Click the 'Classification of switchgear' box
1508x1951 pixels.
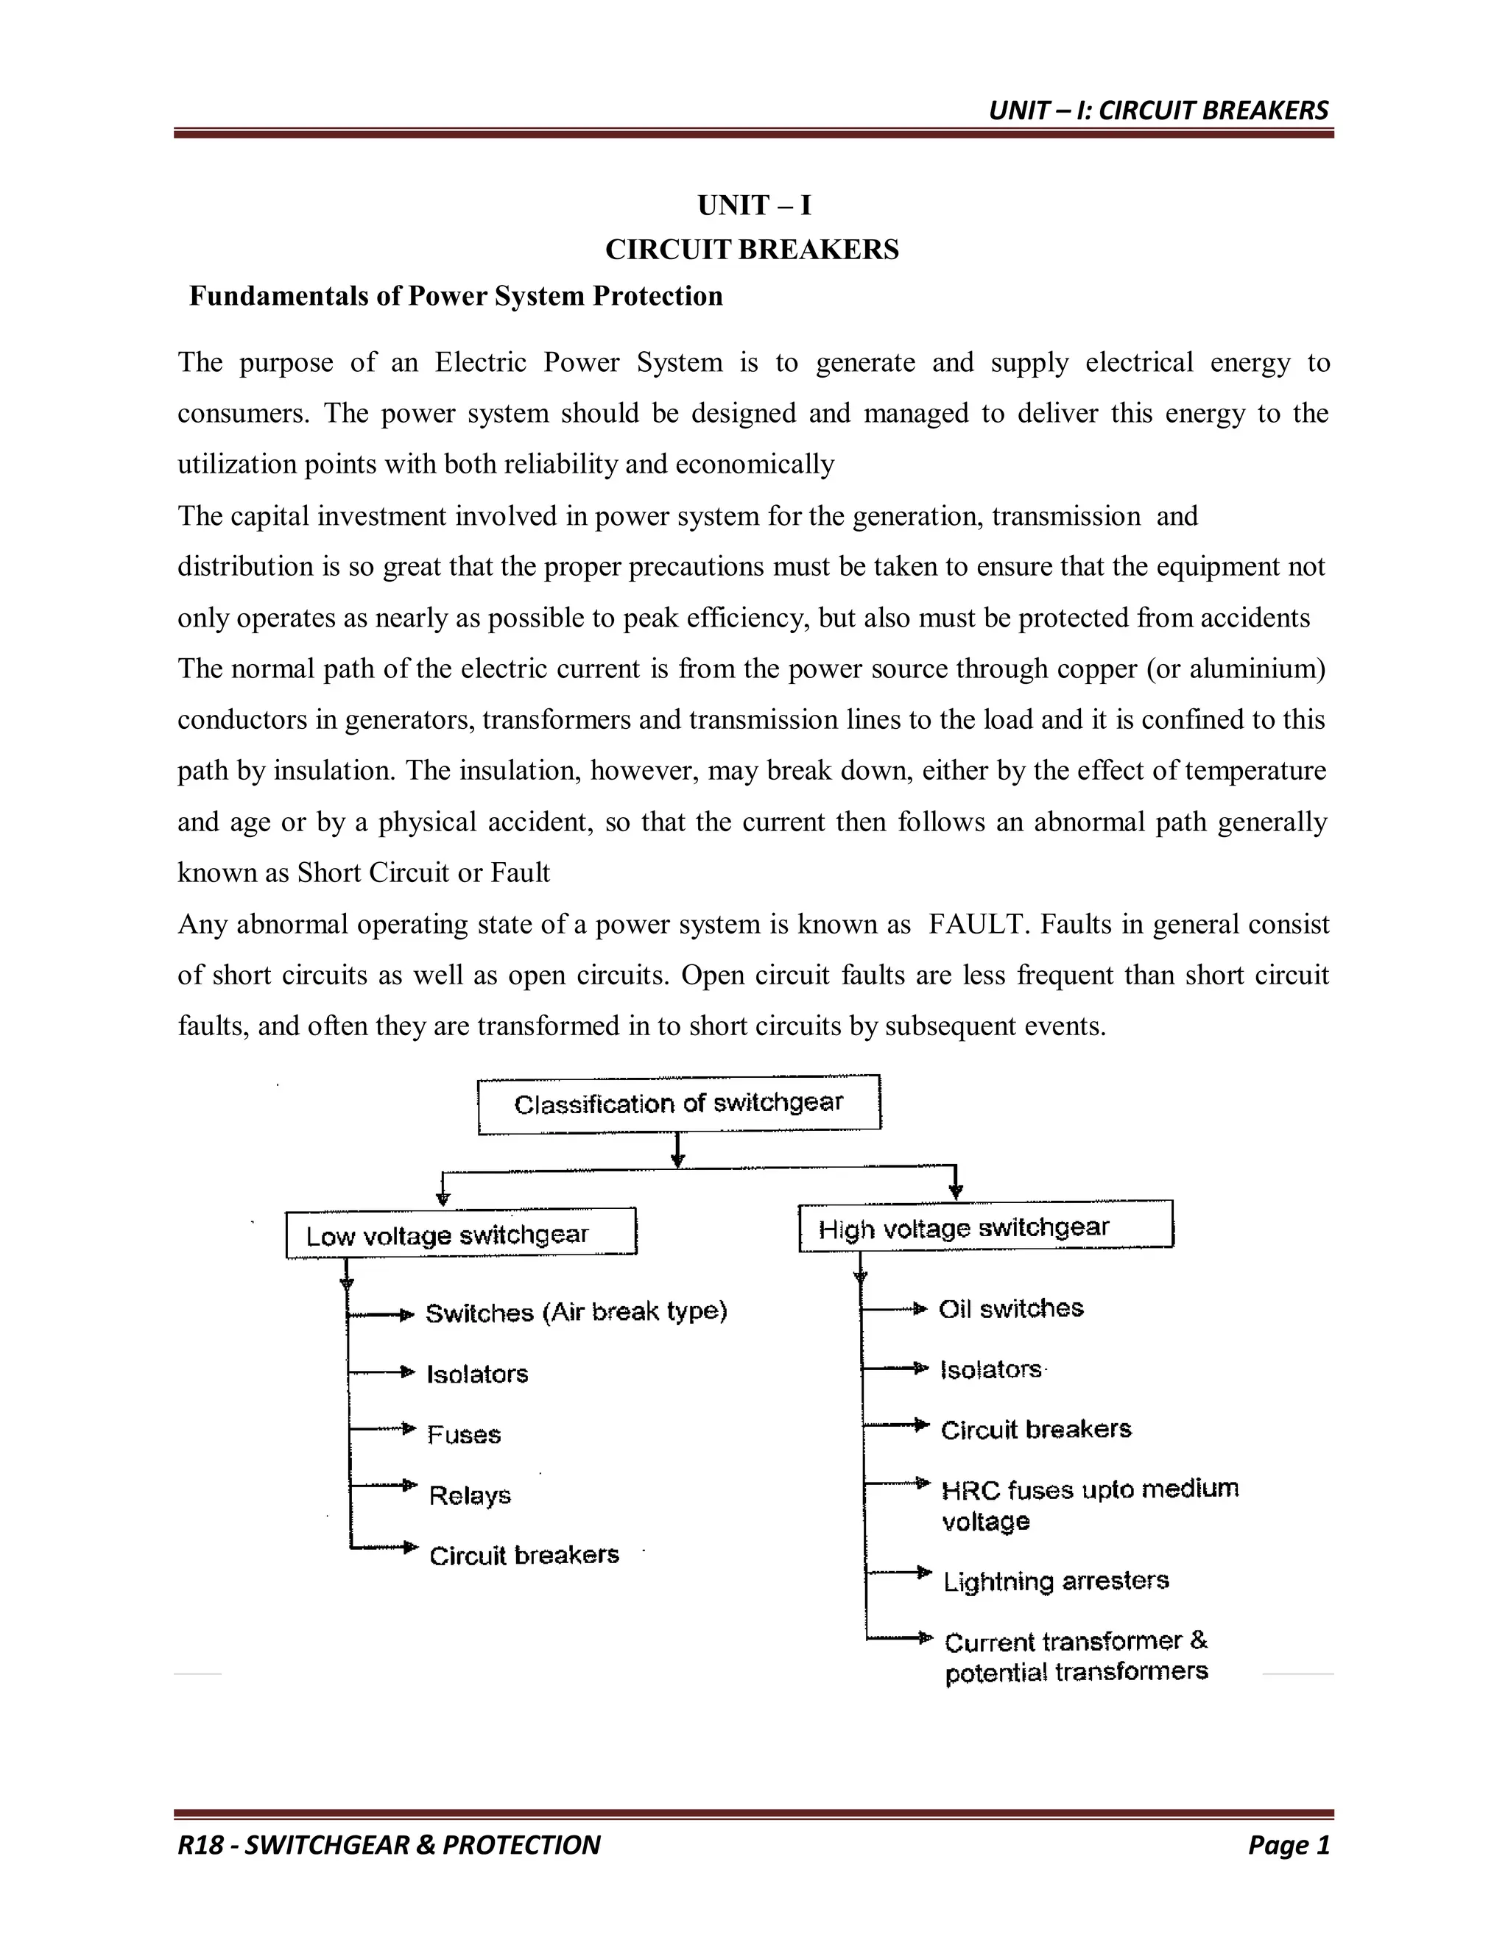click(679, 1104)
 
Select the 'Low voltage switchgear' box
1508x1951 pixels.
click(460, 1235)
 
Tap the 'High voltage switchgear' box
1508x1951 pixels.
click(985, 1227)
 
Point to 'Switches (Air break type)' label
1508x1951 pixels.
click(577, 1312)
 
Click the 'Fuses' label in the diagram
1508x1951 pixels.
click(464, 1435)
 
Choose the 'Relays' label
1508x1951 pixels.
click(470, 1495)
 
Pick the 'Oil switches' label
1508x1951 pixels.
click(1010, 1310)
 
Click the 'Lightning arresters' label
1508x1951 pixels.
click(1056, 1581)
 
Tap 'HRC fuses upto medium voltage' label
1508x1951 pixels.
click(1089, 1506)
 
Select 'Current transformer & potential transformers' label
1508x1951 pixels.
click(1077, 1657)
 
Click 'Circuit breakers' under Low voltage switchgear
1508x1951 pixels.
click(524, 1556)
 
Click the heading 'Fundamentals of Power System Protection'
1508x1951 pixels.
click(456, 296)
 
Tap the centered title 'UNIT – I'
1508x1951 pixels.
click(754, 205)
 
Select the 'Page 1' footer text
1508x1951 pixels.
click(1289, 1845)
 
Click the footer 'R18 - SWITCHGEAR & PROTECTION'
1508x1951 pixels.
click(389, 1845)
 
